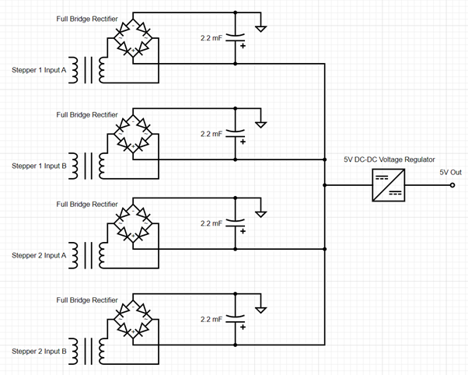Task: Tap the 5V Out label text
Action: (x=450, y=172)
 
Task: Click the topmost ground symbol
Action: (x=264, y=29)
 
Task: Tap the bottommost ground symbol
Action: (x=264, y=310)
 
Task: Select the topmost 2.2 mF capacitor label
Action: (x=211, y=38)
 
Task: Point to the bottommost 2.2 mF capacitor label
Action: (x=211, y=319)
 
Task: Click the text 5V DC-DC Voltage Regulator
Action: (x=389, y=158)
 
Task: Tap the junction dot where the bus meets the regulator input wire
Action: (x=324, y=186)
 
